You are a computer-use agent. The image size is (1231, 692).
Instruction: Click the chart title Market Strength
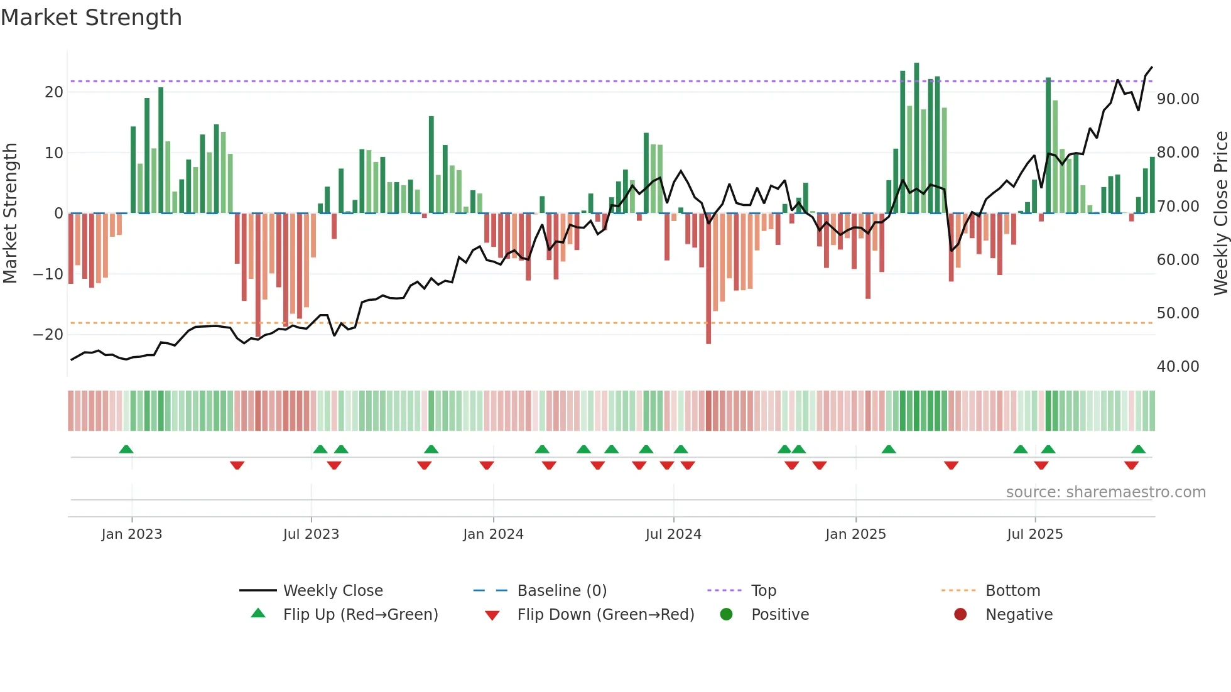point(91,18)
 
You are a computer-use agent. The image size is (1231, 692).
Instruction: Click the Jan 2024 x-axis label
point(493,534)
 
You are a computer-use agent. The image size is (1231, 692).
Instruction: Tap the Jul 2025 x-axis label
point(1034,534)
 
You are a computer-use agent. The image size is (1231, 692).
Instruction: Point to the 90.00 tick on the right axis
point(1178,99)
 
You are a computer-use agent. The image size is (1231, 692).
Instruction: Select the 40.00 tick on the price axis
point(1178,367)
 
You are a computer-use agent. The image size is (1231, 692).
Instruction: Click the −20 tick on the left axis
point(48,335)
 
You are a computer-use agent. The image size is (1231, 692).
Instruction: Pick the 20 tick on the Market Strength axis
point(54,92)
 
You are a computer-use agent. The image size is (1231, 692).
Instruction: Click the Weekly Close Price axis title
point(1220,214)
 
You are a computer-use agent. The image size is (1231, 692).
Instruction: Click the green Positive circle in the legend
point(726,615)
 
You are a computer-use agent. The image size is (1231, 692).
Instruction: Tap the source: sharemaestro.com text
point(1105,492)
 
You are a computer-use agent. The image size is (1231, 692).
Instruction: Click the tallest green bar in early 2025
point(916,138)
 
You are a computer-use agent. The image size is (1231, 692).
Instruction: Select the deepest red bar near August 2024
point(708,279)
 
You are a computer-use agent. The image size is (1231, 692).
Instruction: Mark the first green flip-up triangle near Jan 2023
point(126,450)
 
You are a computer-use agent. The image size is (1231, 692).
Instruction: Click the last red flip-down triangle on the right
point(1131,465)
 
